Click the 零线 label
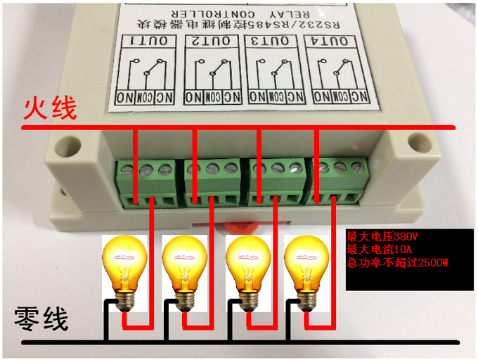42,321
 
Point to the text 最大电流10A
377,250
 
